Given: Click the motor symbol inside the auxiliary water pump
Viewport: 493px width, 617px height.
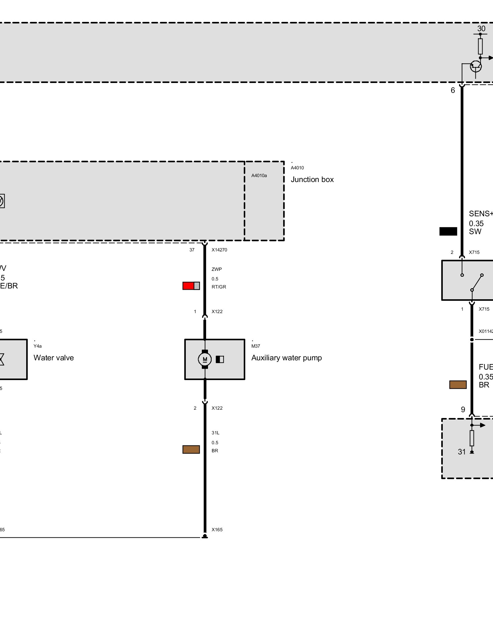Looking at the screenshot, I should coord(205,359).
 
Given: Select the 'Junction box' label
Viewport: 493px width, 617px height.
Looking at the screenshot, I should coord(312,180).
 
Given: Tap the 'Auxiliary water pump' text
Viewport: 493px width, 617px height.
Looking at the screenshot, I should coord(286,358).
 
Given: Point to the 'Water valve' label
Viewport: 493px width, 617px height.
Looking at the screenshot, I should coord(54,358).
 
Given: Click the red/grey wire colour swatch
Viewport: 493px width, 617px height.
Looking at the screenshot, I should coord(191,286).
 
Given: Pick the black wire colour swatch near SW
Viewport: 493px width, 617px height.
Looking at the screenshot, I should coord(448,231).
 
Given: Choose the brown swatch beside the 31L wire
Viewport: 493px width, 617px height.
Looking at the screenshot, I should coord(191,449).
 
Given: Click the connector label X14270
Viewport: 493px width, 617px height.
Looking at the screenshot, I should coord(219,250).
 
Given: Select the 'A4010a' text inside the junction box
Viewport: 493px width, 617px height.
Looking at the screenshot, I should coord(259,176).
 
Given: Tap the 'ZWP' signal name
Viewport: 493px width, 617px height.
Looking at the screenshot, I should coord(217,269).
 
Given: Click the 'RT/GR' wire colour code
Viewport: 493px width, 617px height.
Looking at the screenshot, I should coord(219,287).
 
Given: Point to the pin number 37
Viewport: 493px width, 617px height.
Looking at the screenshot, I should coord(192,250).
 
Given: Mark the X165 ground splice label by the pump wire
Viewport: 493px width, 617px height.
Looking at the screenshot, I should coord(217,530).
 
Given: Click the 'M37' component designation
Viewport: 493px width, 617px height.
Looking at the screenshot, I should coord(255,346).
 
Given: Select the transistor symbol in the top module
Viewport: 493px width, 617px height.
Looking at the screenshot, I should coord(475,66).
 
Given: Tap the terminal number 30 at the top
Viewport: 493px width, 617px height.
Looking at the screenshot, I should coord(481,29).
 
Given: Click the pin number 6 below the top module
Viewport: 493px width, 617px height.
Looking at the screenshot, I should coord(453,90).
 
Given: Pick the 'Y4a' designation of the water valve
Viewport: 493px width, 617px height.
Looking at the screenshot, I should coord(38,346).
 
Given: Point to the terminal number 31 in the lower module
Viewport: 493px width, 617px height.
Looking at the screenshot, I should coord(462,452).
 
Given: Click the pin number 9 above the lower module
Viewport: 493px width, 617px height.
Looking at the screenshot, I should coord(463,410).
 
